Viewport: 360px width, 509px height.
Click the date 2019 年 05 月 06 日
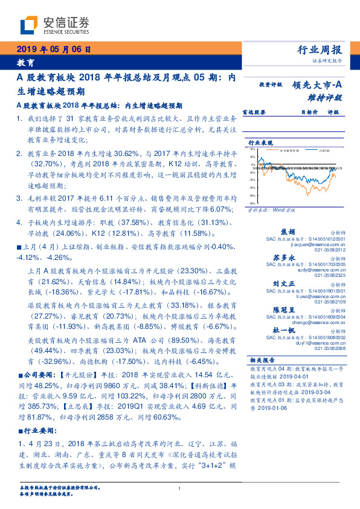point(53,49)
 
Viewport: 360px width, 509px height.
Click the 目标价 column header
point(309,112)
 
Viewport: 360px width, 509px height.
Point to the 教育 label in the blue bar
point(25,63)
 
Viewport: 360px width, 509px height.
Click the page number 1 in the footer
point(180,488)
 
